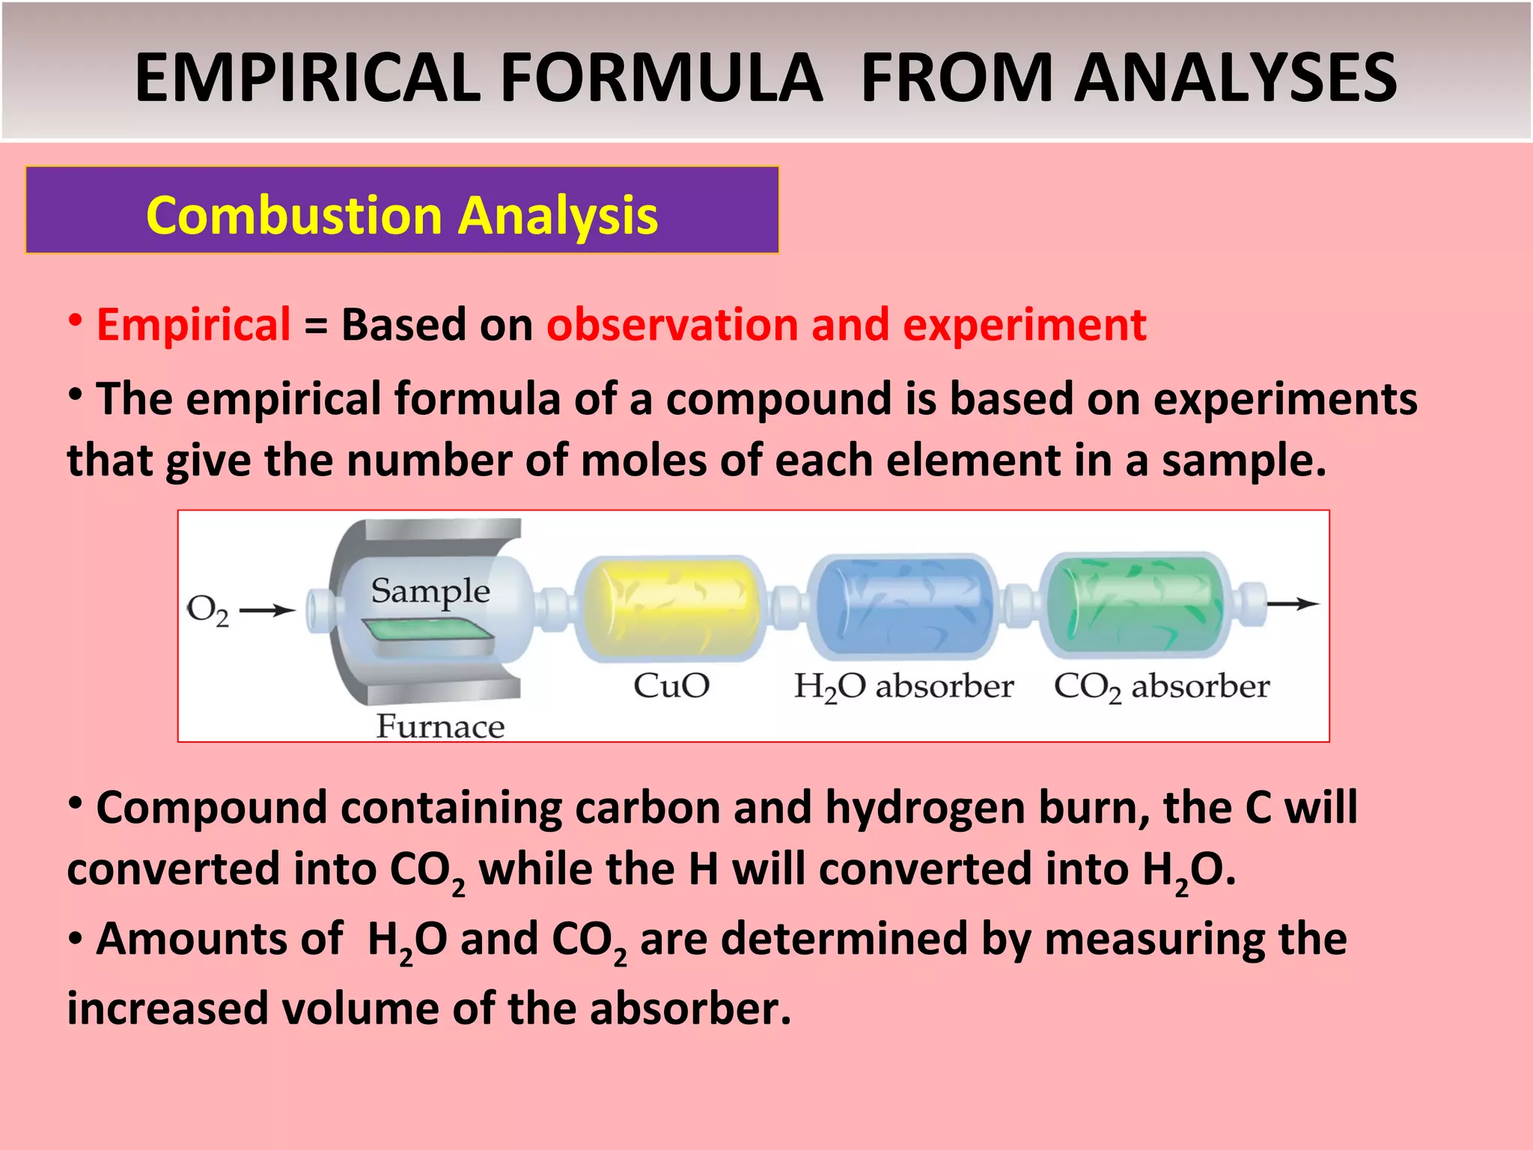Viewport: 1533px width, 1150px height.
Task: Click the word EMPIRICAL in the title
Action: coord(307,78)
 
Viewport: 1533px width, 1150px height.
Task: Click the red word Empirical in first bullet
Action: coord(193,325)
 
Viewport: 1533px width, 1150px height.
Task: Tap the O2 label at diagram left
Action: coord(207,610)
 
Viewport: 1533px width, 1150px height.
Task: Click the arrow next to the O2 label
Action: coord(267,611)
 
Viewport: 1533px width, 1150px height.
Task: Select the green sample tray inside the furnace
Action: coord(427,633)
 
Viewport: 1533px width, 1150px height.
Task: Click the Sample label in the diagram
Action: coord(430,591)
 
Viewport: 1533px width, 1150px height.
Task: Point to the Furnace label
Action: coord(440,726)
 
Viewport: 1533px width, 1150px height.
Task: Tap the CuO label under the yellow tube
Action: coord(671,686)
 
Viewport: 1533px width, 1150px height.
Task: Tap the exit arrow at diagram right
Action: coord(1293,603)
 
